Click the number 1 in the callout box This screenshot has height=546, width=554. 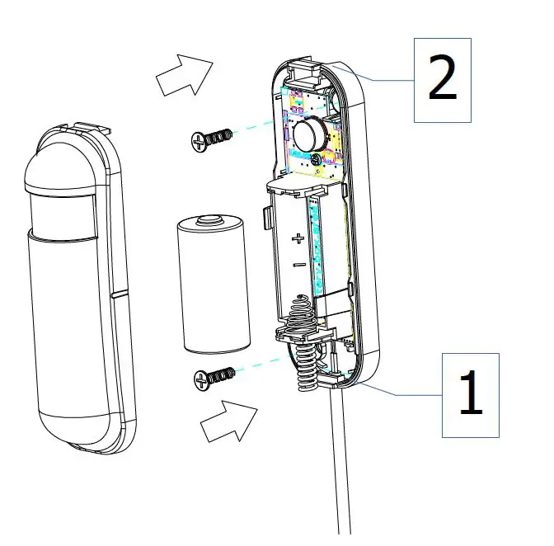[470, 395]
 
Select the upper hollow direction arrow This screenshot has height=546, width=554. [184, 76]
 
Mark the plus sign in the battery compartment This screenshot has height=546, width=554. [298, 240]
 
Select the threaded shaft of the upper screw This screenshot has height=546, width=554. [219, 136]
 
